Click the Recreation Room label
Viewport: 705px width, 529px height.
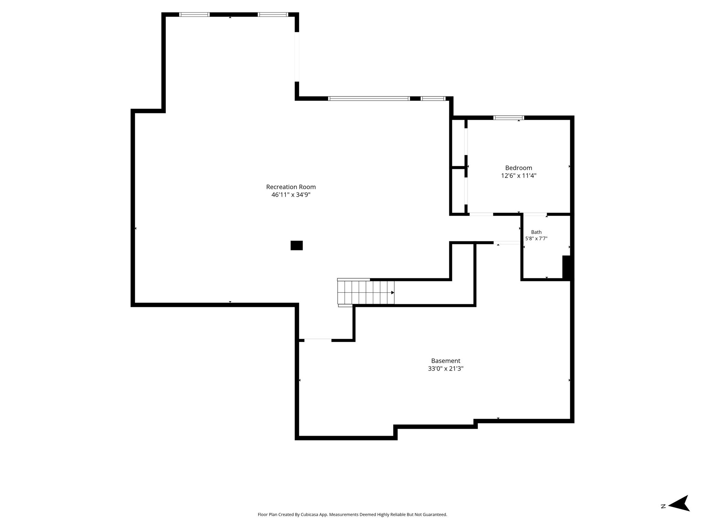point(291,187)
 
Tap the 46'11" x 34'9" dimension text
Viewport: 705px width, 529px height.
point(291,195)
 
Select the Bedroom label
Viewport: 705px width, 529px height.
point(518,168)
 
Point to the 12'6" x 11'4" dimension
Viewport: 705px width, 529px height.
point(518,176)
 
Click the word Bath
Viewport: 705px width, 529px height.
point(536,232)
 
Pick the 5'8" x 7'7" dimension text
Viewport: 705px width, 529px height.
point(536,238)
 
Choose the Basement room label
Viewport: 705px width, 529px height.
point(446,361)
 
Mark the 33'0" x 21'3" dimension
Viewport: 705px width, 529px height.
point(446,369)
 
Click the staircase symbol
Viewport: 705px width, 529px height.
point(366,292)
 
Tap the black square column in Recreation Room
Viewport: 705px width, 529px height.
point(297,246)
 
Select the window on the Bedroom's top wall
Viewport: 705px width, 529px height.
point(509,118)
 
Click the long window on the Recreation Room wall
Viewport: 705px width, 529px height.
point(369,98)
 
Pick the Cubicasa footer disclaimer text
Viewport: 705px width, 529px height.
point(352,515)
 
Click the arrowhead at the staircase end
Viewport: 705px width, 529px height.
point(393,293)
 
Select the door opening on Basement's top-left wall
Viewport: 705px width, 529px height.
point(318,340)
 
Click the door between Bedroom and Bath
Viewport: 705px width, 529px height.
point(535,214)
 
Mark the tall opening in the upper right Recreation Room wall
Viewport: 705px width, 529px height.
point(297,57)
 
